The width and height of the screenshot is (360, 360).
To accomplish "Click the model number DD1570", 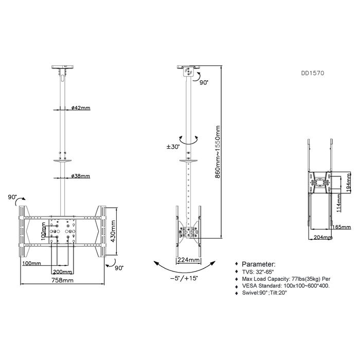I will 313,74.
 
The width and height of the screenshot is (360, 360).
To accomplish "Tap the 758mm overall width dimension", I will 62,281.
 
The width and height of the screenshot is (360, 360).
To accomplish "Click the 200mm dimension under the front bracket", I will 62,271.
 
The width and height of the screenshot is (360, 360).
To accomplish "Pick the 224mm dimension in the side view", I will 189,260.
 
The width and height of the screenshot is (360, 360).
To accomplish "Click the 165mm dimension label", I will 342,226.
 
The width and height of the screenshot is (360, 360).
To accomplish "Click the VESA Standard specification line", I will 285,285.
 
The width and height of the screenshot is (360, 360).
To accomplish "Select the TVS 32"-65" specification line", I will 260,271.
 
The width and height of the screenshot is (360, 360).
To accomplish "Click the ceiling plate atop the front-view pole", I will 62,66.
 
